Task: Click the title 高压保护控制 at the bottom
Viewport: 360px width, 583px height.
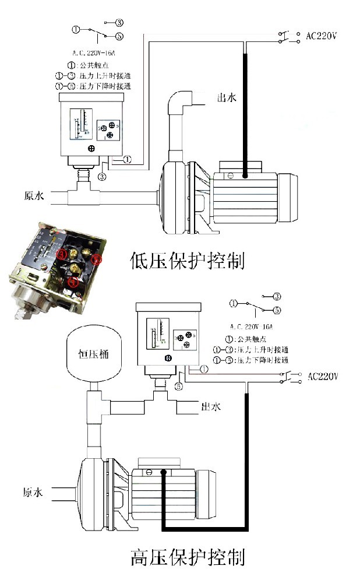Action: [x=187, y=557]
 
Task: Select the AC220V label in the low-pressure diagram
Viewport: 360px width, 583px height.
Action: [x=322, y=36]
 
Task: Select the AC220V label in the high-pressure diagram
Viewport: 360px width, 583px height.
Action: [x=322, y=376]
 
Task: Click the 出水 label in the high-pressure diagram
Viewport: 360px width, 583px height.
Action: [x=210, y=406]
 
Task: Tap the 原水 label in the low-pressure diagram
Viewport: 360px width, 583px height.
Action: [x=34, y=196]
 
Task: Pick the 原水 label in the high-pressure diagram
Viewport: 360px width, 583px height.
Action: [x=33, y=493]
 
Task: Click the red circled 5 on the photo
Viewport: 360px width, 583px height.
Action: [x=97, y=259]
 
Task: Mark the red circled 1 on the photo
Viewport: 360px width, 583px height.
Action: [x=73, y=282]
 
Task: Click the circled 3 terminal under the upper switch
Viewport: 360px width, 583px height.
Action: [x=102, y=176]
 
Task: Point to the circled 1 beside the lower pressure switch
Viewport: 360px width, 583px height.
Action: [x=203, y=370]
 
